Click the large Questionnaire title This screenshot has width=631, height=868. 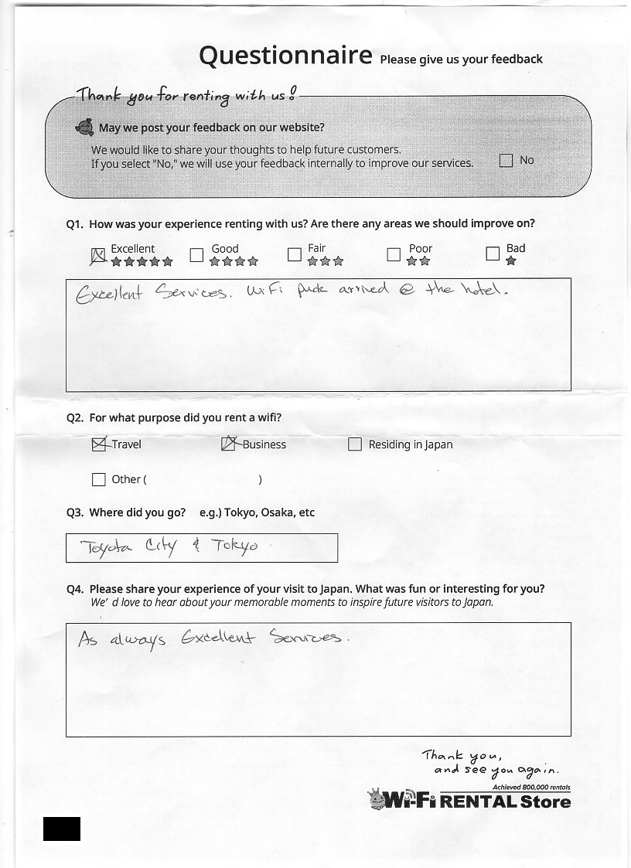[x=285, y=56]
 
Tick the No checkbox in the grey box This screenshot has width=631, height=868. [x=506, y=161]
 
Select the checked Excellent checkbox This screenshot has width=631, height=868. [x=98, y=255]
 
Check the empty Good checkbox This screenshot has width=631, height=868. [x=196, y=254]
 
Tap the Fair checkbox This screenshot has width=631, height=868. [x=294, y=254]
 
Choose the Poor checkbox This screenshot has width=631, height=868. [x=394, y=254]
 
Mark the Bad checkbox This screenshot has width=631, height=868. [x=493, y=254]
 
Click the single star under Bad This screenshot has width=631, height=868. [x=510, y=262]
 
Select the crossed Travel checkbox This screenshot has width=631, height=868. [x=98, y=444]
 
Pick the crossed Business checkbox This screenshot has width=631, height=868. [x=229, y=444]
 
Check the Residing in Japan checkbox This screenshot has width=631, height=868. [x=355, y=444]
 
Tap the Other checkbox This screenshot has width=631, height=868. [x=98, y=479]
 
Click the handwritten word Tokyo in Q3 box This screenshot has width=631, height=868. [x=235, y=546]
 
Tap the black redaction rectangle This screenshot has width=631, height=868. [x=62, y=828]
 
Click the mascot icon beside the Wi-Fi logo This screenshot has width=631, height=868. [x=376, y=799]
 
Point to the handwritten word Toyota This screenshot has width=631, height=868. [x=107, y=548]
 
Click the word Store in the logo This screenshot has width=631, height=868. [x=545, y=802]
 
